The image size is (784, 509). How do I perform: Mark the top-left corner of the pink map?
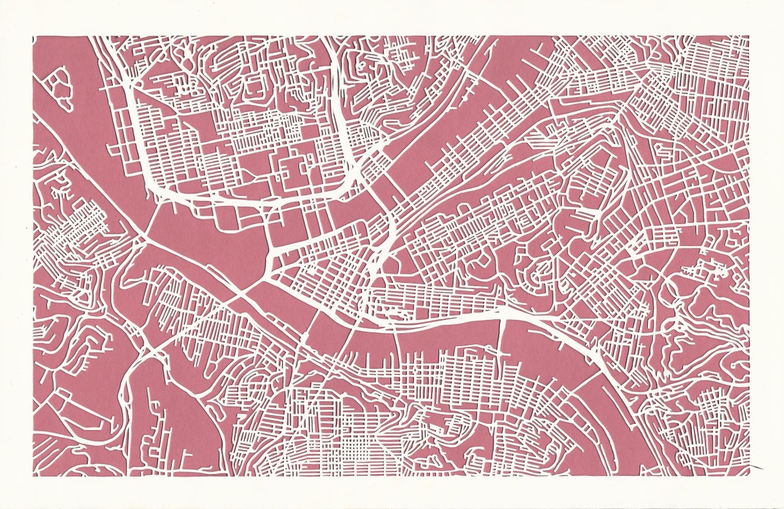33,36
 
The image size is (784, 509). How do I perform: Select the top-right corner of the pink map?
749,36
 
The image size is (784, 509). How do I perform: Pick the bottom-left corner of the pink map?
33,475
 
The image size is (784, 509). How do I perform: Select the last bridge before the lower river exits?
605,364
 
